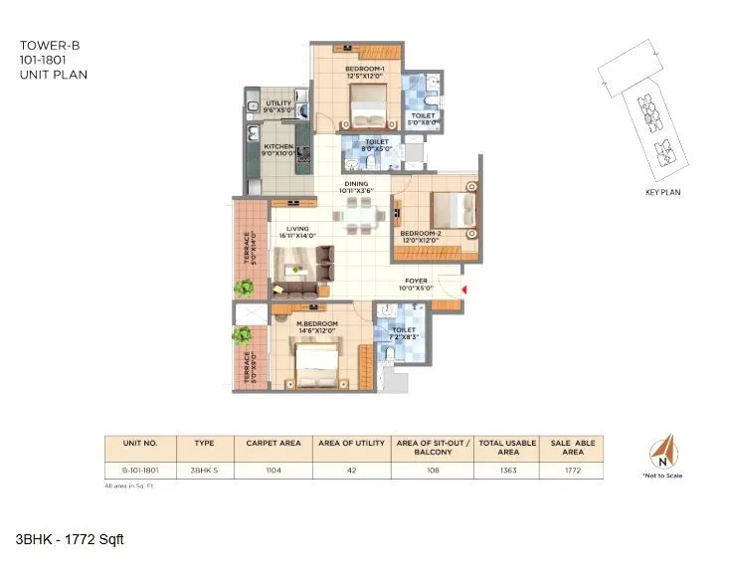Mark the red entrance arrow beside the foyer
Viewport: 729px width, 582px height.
463,290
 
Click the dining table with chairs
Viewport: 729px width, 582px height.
356,214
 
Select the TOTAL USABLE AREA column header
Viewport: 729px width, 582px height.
508,447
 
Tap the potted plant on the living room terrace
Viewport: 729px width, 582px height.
244,289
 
